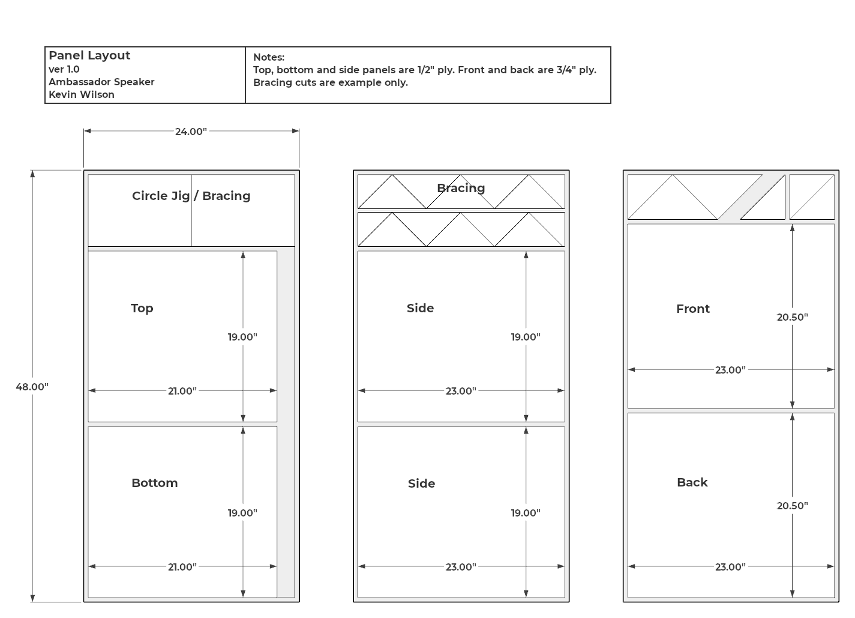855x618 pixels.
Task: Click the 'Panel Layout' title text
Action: click(89, 55)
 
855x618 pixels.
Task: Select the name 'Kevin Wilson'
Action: click(82, 94)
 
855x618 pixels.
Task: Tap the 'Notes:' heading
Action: click(269, 57)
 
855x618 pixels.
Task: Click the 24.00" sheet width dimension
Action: click(191, 132)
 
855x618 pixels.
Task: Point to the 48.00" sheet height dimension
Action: click(32, 387)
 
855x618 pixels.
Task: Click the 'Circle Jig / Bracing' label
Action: click(191, 196)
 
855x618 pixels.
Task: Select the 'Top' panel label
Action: click(142, 308)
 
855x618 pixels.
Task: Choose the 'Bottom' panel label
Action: click(155, 483)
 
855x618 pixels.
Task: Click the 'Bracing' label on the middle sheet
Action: click(461, 188)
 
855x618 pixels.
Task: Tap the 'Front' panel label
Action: click(693, 309)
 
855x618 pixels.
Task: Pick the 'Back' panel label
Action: click(692, 482)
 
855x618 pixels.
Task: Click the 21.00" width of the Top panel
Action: click(182, 391)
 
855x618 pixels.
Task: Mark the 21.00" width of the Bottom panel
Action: click(182, 567)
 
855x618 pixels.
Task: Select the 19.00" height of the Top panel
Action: click(242, 337)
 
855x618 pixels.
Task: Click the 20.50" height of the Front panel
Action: click(793, 317)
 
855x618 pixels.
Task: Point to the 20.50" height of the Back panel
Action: click(793, 506)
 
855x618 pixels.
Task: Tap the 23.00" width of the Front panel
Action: click(730, 370)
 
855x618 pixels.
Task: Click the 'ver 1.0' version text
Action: click(64, 69)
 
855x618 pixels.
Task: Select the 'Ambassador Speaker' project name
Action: click(101, 82)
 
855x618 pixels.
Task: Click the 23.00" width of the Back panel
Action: click(730, 566)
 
